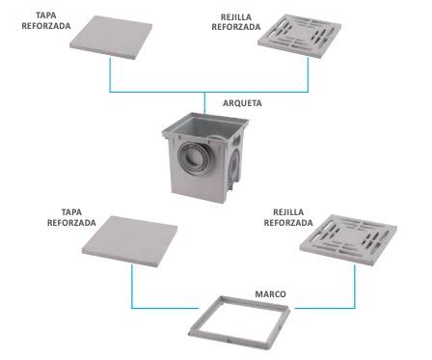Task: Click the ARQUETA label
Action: pos(242,103)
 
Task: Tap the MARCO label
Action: pos(270,294)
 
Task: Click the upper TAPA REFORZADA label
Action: pos(46,20)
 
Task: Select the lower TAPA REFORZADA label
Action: pos(71,217)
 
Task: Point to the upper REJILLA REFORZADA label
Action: pos(236,22)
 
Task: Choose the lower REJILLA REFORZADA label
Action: pos(288,217)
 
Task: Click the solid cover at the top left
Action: pos(111,38)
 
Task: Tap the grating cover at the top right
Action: pos(299,36)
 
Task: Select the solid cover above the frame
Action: pos(129,241)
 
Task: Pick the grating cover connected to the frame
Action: pos(348,239)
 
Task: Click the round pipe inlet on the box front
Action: pos(194,158)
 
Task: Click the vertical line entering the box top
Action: pos(204,102)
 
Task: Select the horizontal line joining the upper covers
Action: pos(209,92)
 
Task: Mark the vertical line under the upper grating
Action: pos(308,74)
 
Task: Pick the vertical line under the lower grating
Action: pos(355,286)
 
